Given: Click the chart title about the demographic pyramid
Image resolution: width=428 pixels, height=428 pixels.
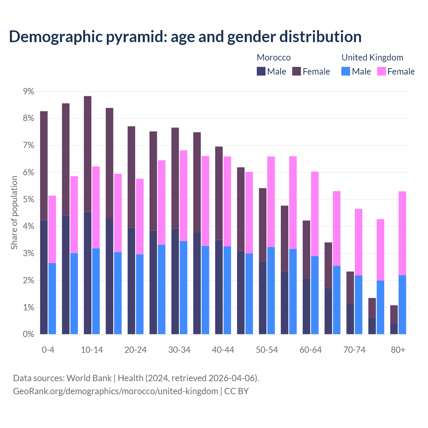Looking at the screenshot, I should point(185,36).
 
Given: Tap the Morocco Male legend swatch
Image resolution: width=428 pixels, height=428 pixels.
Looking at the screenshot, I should point(261,71).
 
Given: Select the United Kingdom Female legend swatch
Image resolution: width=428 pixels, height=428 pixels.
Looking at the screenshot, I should point(381,71).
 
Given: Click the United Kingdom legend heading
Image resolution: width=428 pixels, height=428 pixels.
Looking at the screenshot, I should point(372,58).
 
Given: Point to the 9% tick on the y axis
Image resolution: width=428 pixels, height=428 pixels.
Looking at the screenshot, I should point(28,91).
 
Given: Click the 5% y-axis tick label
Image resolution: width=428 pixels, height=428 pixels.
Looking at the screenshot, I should point(28,200).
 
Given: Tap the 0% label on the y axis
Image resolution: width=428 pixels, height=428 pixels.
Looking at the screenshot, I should point(28,334).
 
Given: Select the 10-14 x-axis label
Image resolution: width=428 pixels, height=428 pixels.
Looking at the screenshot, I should point(92,350).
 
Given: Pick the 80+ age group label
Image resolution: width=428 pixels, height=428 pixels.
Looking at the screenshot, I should point(398,350).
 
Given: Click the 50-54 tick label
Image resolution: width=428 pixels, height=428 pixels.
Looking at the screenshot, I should point(267,350).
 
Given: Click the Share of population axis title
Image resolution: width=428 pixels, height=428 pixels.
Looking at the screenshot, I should point(14,213).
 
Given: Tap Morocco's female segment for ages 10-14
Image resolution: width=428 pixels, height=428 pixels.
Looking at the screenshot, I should point(88,154).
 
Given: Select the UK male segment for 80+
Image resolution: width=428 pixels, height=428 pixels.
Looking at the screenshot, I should point(402,305).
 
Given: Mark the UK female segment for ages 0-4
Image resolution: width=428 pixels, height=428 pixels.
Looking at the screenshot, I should point(52,229).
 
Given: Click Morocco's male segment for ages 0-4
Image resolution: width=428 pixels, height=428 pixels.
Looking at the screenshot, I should point(44,277).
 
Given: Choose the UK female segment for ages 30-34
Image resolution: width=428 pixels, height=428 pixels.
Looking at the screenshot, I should point(184,196).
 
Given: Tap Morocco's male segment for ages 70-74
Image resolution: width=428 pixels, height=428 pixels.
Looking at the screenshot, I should point(350,319).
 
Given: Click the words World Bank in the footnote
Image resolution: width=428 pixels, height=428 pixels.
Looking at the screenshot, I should point(89,378).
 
